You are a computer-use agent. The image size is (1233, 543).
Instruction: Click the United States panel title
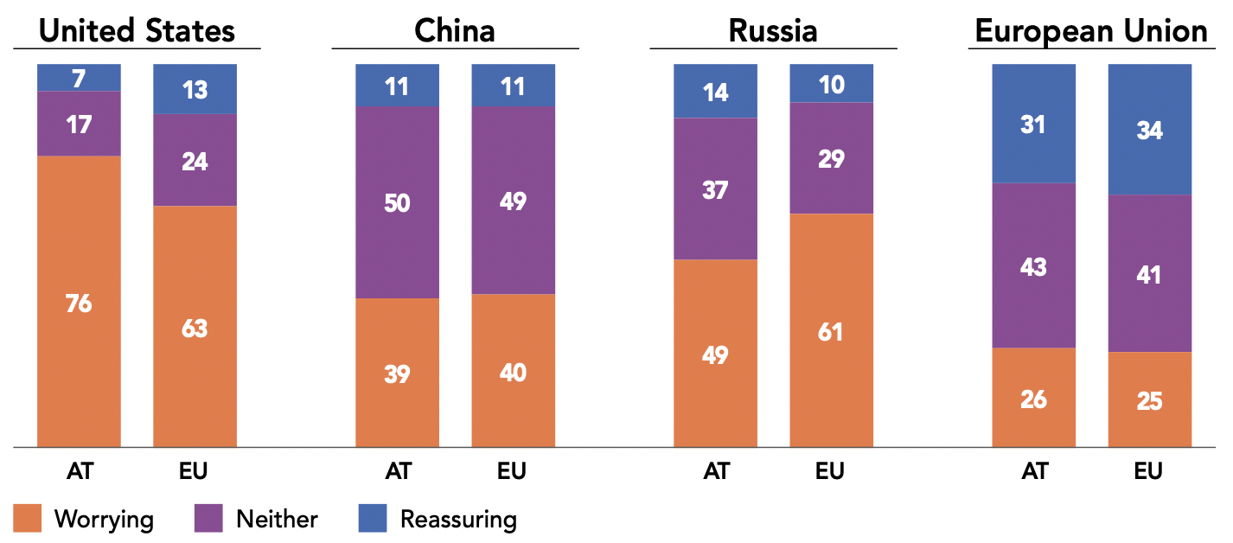137,31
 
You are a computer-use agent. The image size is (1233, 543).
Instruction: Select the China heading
455,31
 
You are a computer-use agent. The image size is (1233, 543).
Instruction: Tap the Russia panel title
773,31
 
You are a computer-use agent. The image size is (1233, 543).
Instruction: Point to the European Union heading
1091,31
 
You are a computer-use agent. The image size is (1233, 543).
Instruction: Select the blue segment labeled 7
79,77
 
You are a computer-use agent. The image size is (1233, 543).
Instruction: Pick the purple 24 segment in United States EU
195,160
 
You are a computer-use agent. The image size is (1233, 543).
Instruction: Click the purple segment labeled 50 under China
397,202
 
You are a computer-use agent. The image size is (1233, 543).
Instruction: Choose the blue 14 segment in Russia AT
715,91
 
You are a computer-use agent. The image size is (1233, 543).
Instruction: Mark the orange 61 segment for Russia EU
831,330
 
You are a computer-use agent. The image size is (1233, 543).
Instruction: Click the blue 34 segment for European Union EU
1149,130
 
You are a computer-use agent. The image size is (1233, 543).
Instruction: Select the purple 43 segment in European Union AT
1033,265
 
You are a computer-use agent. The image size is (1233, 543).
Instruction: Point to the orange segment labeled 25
1149,399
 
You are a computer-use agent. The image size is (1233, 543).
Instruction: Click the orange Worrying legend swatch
27,519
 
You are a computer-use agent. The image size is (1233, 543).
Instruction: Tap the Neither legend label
277,519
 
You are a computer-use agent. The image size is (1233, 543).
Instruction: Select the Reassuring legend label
458,519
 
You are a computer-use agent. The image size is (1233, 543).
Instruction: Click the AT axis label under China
398,471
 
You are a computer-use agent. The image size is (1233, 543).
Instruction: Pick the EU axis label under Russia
830,471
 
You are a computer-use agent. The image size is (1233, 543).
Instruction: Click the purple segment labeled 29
831,158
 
